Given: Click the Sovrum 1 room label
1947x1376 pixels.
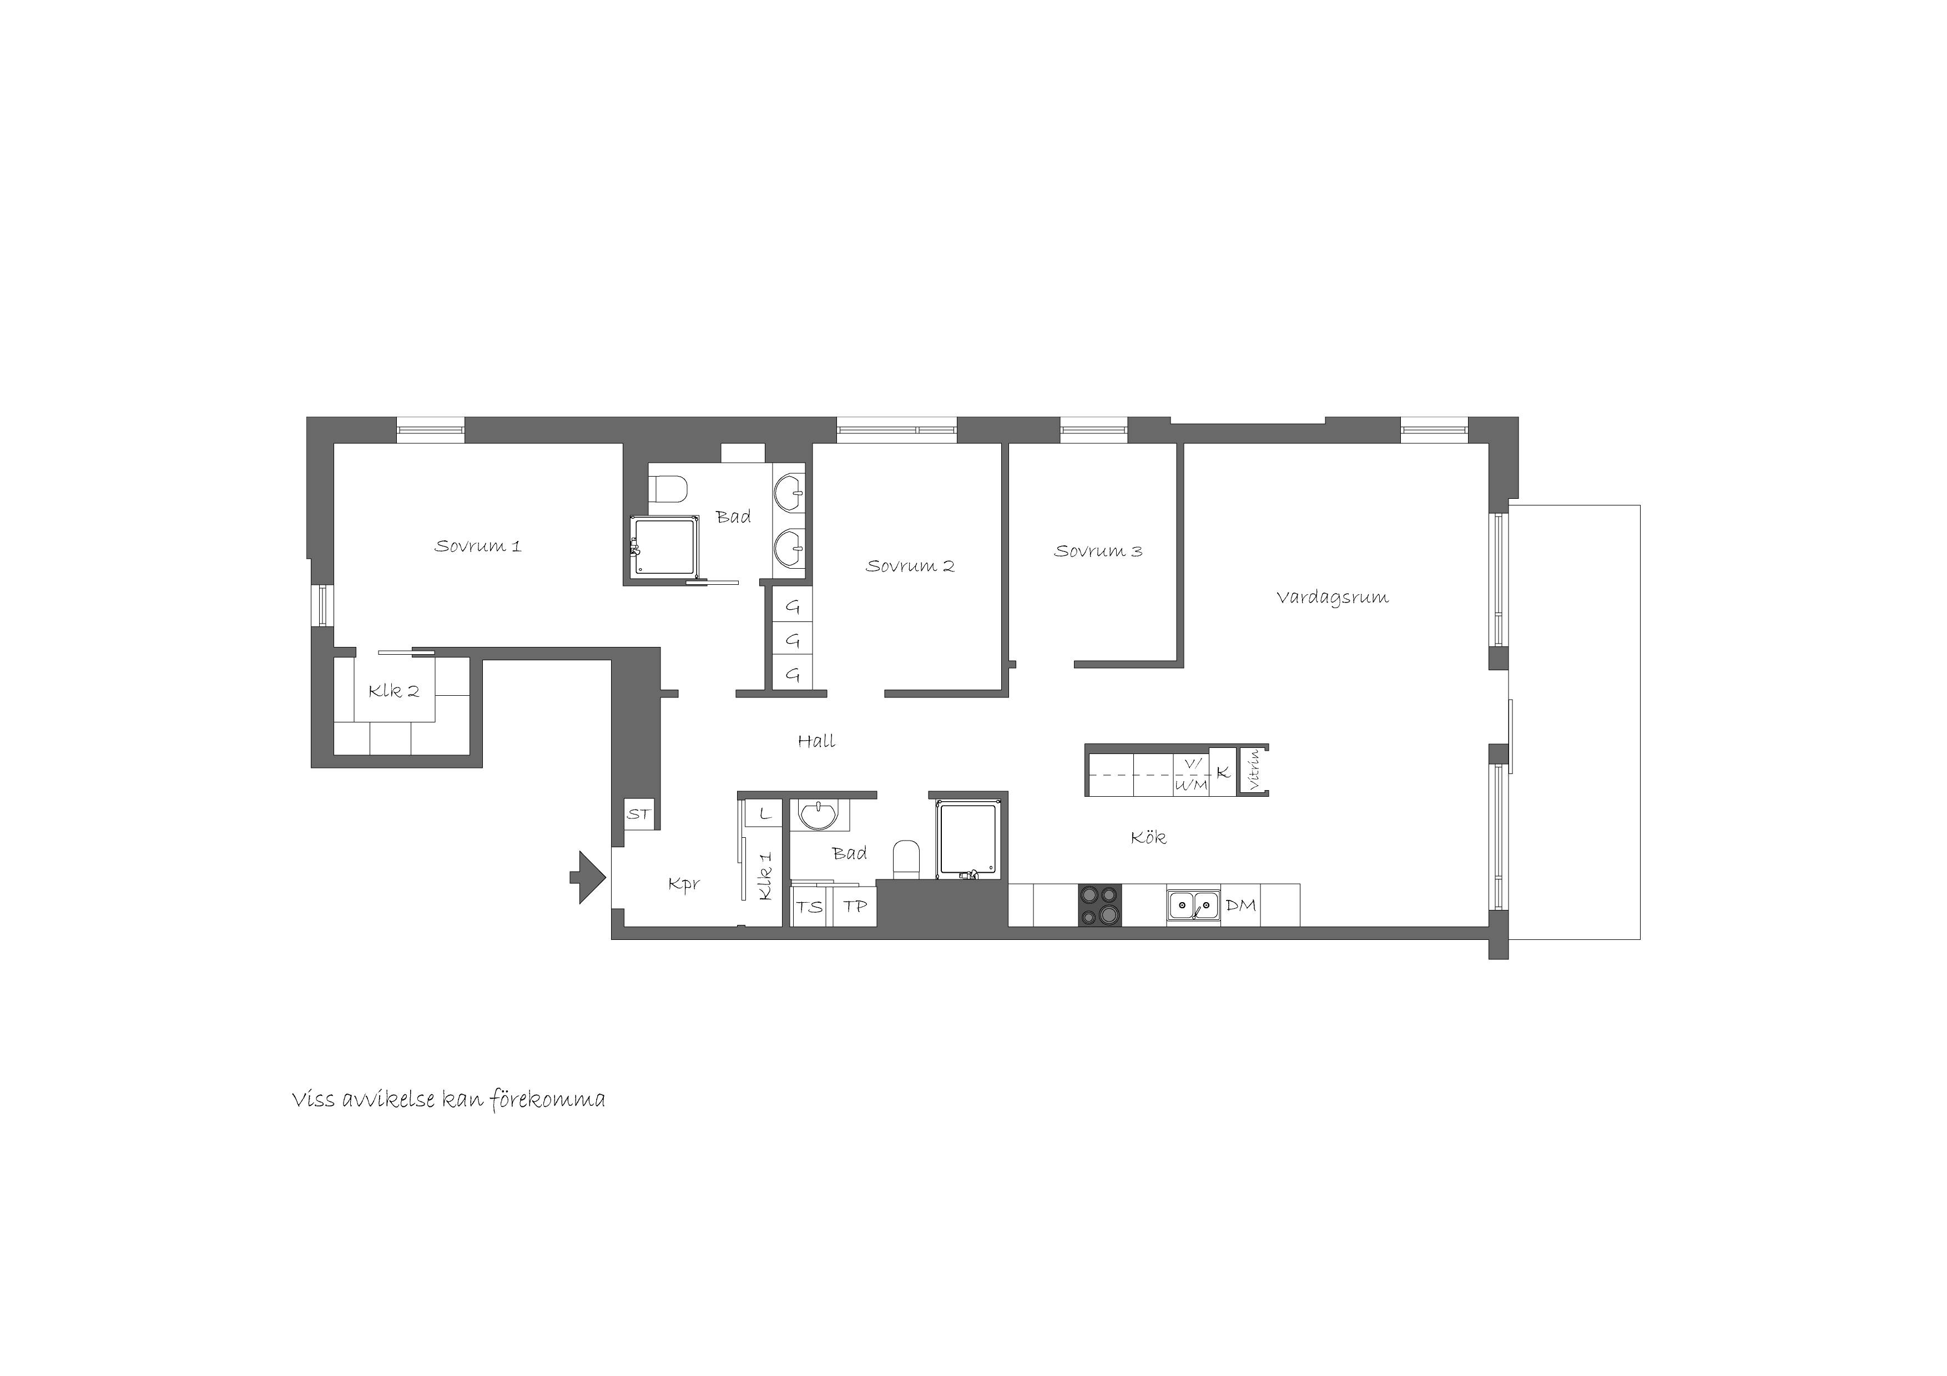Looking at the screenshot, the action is click(477, 546).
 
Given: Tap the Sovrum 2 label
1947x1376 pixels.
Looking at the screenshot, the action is click(910, 565).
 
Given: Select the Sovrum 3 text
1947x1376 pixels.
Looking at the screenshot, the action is click(1098, 551).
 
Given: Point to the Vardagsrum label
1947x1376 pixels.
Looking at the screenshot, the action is click(1332, 598).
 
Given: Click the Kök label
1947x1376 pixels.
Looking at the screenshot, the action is click(1148, 838).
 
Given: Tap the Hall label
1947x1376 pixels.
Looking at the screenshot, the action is click(816, 741).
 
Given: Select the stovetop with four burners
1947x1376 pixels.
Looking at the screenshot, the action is click(1100, 905).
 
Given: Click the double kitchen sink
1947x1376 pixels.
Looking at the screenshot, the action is click(1193, 905).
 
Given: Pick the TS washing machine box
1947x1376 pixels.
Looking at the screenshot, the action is click(811, 906).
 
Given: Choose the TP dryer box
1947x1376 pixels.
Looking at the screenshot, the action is click(854, 906).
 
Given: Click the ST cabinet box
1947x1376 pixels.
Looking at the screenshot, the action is click(638, 814).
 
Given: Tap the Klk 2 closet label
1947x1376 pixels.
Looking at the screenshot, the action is click(394, 691).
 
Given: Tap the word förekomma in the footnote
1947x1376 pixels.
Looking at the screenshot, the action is click(548, 1100).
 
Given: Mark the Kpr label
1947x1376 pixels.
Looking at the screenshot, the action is click(683, 885).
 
